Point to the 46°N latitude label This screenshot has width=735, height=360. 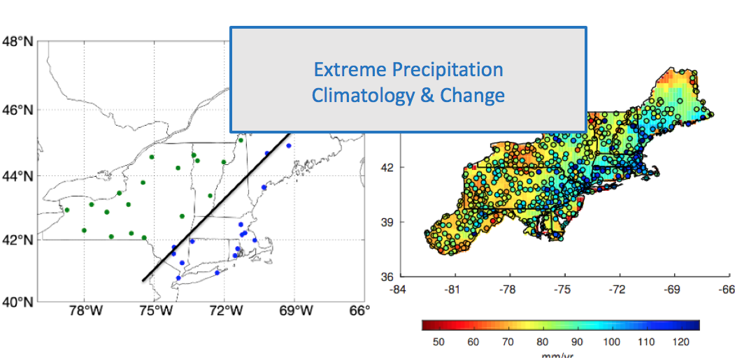(x=17, y=110)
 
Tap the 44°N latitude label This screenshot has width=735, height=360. (x=17, y=175)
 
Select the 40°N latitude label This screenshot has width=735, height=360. (x=17, y=303)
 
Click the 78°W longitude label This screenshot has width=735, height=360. (x=83, y=311)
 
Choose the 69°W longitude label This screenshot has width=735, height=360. (x=294, y=311)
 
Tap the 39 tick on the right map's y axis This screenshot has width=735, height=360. (x=387, y=222)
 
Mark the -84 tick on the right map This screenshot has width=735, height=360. (x=397, y=289)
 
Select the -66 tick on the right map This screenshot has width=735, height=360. (x=727, y=289)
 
